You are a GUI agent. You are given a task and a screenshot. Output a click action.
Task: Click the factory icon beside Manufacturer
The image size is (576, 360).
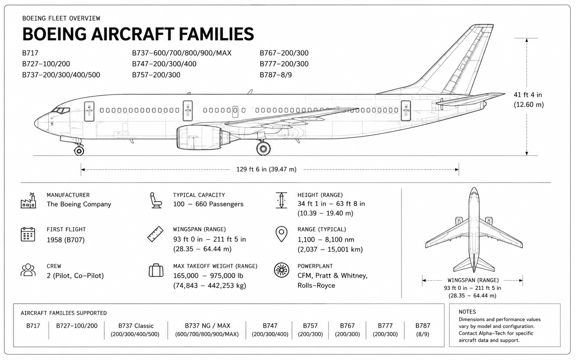point(28,200)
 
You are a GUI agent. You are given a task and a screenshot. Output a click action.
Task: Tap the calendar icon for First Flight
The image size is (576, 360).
point(28,234)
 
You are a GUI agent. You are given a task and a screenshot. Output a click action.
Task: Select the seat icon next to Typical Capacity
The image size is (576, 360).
point(156,200)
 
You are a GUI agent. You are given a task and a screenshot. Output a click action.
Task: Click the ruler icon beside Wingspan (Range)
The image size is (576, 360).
point(155,234)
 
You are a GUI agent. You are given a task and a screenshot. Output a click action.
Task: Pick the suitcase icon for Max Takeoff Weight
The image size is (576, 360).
point(156,270)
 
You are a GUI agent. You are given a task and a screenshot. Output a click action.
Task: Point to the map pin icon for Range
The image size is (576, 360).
point(281,234)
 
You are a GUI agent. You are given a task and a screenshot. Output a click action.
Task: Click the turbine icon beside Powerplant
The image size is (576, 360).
point(281,270)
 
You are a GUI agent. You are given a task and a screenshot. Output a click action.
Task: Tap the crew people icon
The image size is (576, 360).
point(28,270)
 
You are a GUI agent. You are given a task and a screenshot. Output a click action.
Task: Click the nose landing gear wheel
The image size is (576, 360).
point(79,151)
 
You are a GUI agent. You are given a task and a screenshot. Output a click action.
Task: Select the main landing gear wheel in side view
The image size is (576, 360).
point(263,148)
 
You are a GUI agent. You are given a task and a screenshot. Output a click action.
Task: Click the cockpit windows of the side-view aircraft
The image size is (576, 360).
point(61,111)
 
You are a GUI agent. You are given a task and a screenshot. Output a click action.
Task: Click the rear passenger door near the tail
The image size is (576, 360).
point(406,111)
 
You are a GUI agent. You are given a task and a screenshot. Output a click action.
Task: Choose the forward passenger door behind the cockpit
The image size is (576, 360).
point(89,111)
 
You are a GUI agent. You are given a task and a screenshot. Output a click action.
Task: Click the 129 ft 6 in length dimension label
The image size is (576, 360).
point(266,169)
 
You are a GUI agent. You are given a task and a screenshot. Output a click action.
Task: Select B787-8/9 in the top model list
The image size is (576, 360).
point(276,75)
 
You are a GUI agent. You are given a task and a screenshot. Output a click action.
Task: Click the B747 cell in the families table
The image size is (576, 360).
point(270,330)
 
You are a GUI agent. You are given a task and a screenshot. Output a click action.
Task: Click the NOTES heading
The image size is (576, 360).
point(467,312)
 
